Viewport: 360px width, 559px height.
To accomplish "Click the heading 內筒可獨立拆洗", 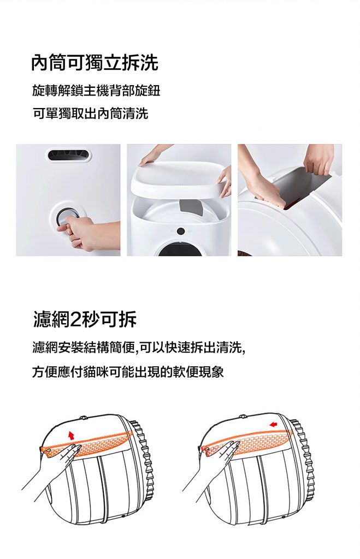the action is click(x=95, y=63).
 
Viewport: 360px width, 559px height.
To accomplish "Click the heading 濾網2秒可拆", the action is click(x=85, y=319).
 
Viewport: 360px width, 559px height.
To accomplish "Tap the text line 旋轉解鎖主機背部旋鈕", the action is click(x=96, y=91).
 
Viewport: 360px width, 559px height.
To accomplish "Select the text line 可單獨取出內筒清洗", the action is click(x=90, y=114).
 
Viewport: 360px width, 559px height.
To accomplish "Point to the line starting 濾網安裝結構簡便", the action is click(x=139, y=347).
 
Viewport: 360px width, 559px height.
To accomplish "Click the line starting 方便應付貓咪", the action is click(x=128, y=372).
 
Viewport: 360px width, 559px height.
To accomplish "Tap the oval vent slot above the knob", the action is click(x=69, y=154).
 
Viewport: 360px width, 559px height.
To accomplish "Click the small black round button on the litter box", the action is click(x=181, y=231).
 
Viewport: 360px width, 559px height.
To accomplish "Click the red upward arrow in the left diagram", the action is click(x=71, y=435).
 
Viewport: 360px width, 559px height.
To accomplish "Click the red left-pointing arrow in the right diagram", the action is click(x=273, y=424).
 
